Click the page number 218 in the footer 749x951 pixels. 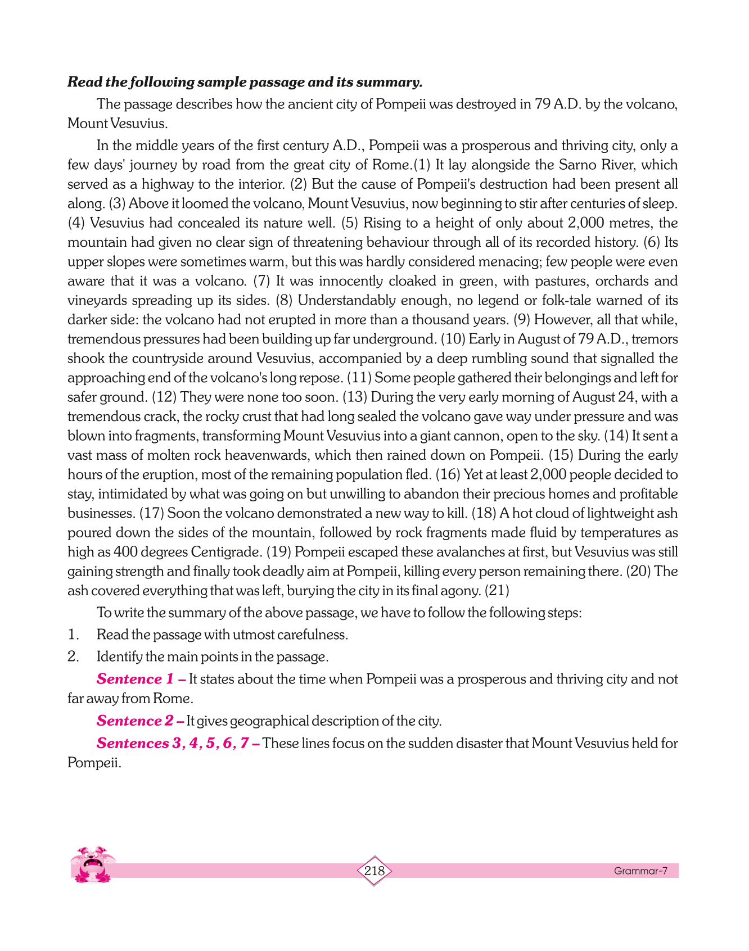374,871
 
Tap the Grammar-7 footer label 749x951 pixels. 640,871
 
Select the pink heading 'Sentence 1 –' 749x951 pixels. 141,679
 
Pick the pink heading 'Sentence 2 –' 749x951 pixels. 140,721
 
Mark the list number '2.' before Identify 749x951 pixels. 73,656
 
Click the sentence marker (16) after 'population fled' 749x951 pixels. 448,475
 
